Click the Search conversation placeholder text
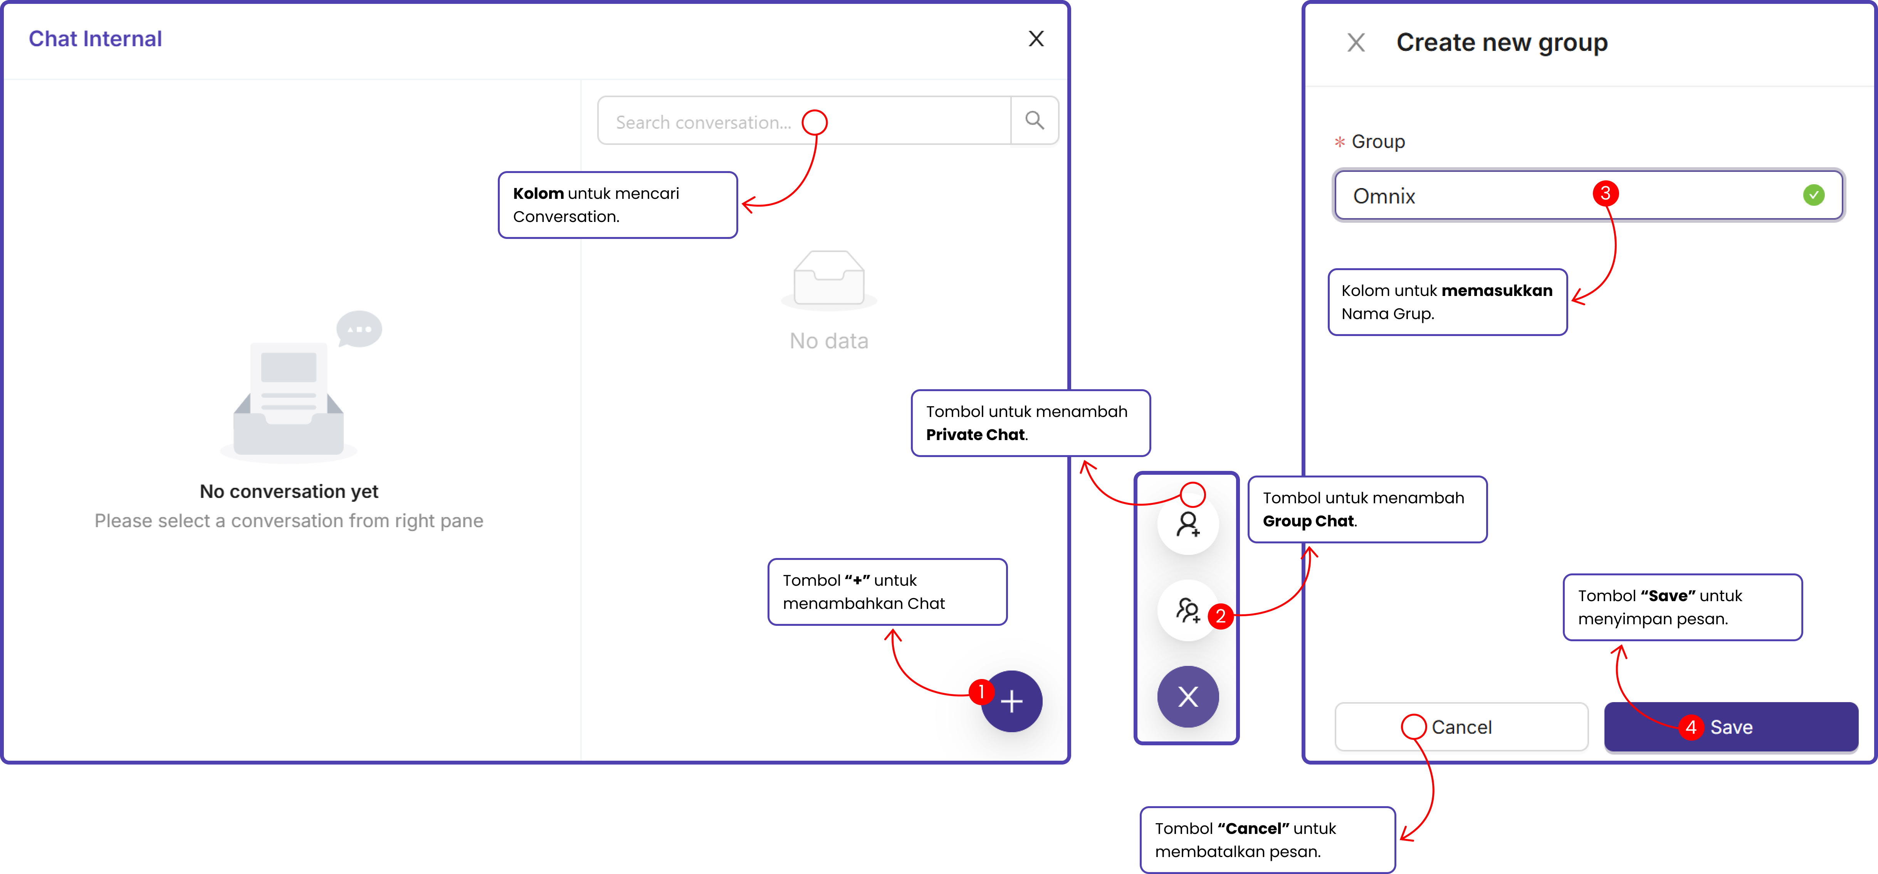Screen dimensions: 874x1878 click(703, 123)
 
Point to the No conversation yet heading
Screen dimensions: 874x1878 click(289, 491)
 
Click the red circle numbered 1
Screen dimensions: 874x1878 click(981, 691)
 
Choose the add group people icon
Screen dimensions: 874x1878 click(1188, 610)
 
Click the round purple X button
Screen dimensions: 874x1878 click(1188, 697)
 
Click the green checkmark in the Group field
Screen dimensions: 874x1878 click(1813, 195)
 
